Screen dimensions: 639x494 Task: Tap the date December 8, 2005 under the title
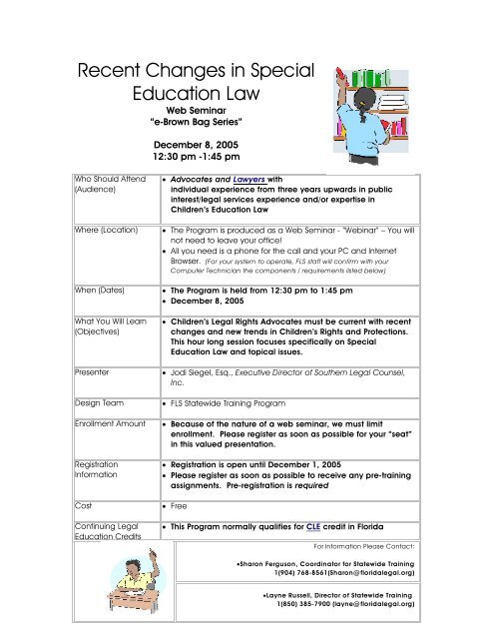(x=189, y=144)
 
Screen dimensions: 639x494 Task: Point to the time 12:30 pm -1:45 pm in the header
(x=189, y=157)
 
